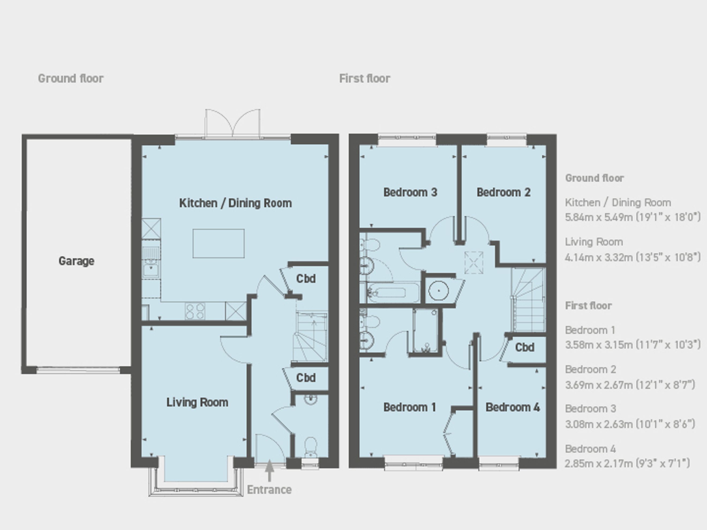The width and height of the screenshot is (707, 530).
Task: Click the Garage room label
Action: click(76, 261)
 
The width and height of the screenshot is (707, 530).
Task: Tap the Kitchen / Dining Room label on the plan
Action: click(236, 203)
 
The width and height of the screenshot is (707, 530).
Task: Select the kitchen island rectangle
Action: click(219, 243)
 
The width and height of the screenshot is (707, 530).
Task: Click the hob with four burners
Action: click(195, 311)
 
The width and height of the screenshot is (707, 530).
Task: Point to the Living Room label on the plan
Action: click(197, 402)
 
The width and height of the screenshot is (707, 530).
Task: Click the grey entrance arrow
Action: click(270, 471)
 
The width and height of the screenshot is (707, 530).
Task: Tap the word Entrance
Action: click(269, 490)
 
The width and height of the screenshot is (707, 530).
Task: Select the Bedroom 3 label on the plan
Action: click(410, 192)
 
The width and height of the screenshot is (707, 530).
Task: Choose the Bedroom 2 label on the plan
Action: click(503, 192)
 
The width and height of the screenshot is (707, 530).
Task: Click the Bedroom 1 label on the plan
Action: click(410, 407)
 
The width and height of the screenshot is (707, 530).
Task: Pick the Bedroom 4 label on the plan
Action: click(513, 407)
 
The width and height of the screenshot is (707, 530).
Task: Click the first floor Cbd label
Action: click(525, 347)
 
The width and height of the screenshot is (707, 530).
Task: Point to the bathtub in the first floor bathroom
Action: click(393, 292)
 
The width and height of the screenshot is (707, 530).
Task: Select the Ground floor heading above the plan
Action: click(71, 78)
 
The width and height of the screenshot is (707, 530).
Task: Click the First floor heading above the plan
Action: click(365, 78)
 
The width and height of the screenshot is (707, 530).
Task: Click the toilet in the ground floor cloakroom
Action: click(311, 447)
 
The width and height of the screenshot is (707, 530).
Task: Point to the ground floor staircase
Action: click(311, 337)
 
